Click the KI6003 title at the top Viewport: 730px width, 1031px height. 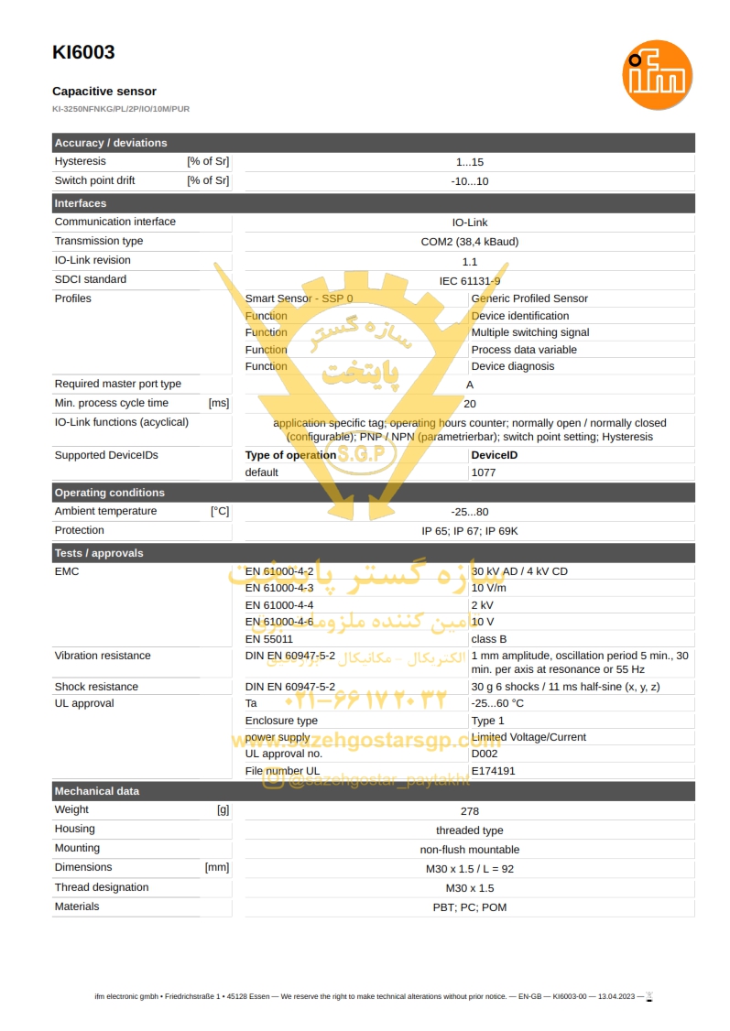pos(83,52)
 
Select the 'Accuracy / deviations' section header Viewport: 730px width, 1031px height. pos(111,143)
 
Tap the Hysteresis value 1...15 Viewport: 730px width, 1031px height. pos(469,162)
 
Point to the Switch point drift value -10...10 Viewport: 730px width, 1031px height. pos(469,181)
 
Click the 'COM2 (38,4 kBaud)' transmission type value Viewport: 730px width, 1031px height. pos(469,242)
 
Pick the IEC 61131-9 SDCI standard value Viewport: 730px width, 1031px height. pos(469,280)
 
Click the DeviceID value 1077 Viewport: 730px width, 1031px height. pos(483,472)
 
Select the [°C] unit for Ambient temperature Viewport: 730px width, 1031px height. pos(220,512)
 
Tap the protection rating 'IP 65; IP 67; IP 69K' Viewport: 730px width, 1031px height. pos(469,531)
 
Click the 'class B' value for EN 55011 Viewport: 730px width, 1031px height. pos(488,639)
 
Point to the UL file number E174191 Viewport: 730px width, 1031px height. pos(493,771)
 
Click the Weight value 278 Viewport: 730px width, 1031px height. pos(469,811)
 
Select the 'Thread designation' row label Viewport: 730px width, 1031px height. pos(101,887)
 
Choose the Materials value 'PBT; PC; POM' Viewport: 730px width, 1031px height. pos(469,907)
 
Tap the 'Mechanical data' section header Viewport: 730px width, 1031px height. pos(96,791)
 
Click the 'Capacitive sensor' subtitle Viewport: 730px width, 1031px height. pos(104,92)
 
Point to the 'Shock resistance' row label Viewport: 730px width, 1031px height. pos(96,687)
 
